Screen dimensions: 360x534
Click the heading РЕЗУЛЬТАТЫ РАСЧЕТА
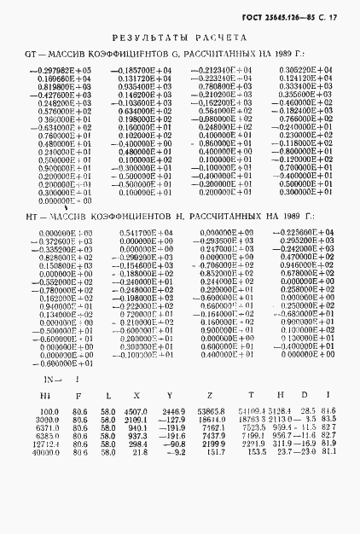(180, 38)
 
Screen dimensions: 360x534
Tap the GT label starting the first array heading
(34, 54)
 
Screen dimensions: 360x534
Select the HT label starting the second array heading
(34, 218)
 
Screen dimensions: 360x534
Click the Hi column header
(46, 395)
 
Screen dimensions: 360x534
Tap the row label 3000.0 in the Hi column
(46, 420)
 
